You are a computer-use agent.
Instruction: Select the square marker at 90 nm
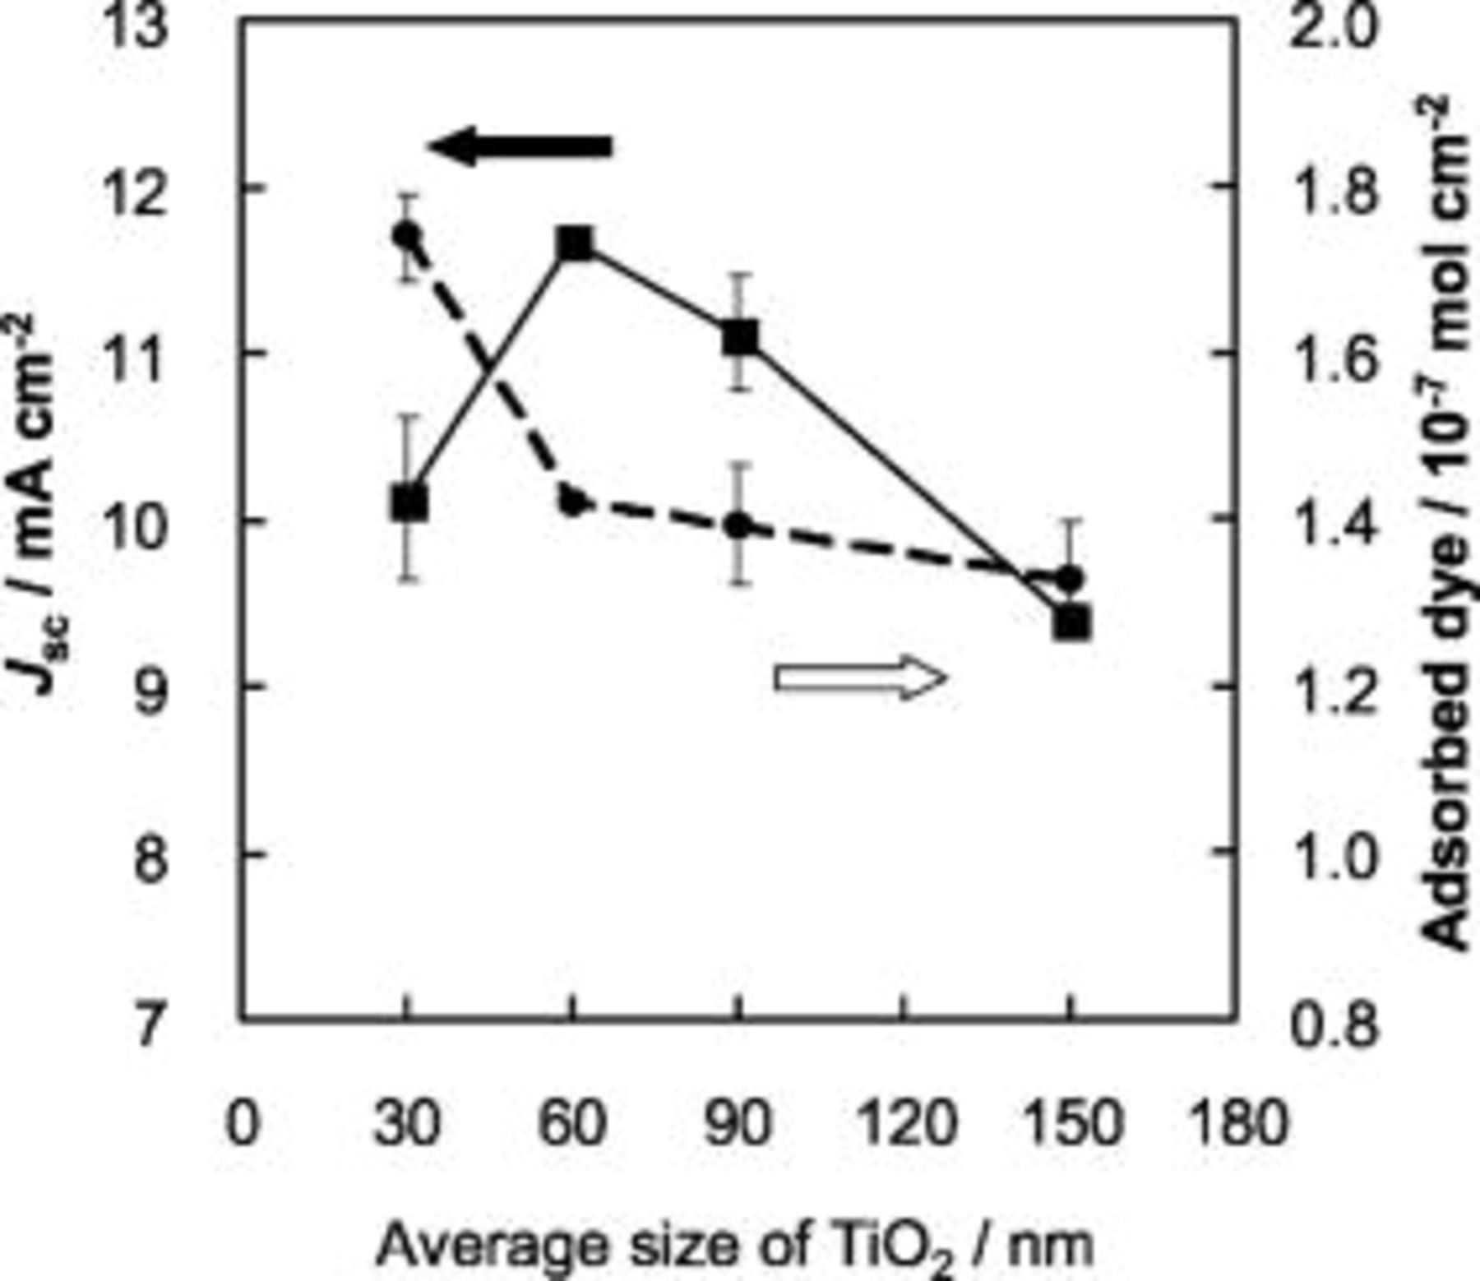tap(740, 337)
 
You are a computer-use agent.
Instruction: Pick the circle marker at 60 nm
tap(574, 501)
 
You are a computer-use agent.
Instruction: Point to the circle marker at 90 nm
tap(739, 525)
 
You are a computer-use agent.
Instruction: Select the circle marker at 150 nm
tap(1070, 579)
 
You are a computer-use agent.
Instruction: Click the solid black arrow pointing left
tap(520, 147)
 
